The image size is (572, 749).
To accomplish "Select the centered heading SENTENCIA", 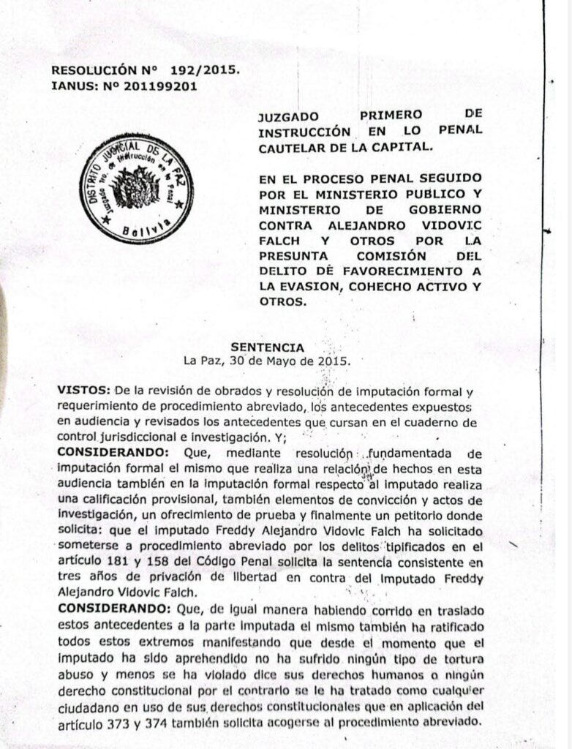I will coord(268,347).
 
